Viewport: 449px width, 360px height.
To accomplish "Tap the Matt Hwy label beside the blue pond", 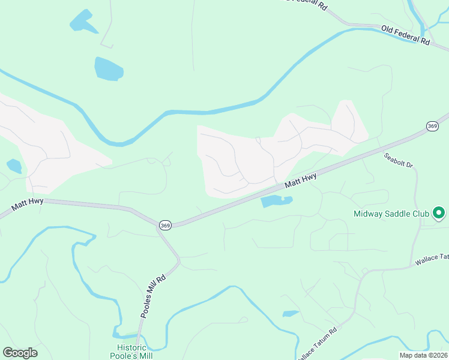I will [300, 179].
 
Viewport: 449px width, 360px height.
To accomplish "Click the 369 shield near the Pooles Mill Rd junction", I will [165, 225].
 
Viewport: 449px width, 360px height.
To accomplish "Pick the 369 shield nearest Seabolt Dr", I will [433, 126].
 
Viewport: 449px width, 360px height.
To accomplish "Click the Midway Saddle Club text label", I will [391, 214].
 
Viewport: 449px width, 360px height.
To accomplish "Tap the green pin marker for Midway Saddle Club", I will [439, 212].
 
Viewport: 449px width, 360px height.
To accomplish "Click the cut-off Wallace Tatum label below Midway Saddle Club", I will [432, 259].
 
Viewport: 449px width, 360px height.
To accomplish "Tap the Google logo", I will [20, 353].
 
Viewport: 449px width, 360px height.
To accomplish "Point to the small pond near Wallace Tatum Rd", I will [291, 313].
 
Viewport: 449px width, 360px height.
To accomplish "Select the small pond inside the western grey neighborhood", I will [14, 166].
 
